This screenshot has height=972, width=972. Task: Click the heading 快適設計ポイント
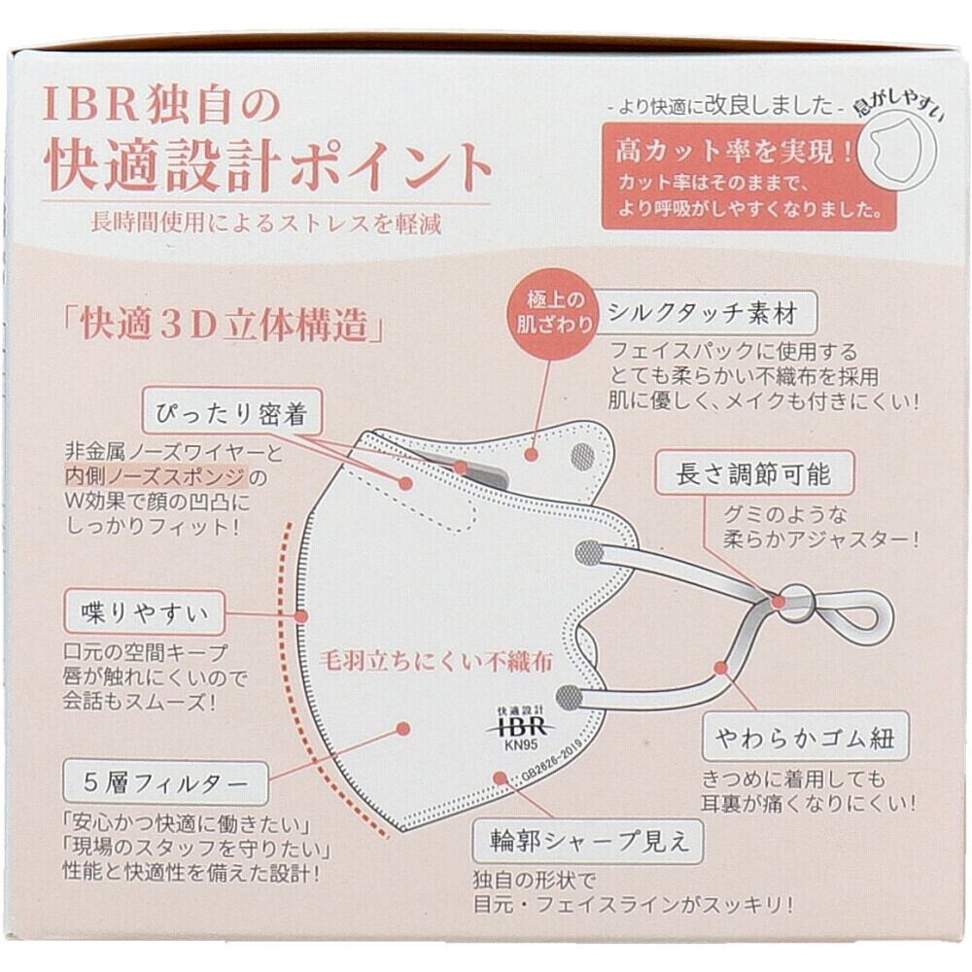coord(268,166)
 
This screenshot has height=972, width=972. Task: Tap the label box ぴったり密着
coord(232,411)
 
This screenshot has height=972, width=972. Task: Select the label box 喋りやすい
coord(145,612)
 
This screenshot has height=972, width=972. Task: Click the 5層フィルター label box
coord(166,782)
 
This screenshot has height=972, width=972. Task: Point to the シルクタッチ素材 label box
coord(703,313)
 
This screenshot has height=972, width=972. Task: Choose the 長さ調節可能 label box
coord(754,473)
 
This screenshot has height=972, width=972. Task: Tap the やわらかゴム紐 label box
coord(805,737)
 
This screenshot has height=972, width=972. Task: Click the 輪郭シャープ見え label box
coord(588,841)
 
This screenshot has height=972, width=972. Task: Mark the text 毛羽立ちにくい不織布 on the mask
coord(435,662)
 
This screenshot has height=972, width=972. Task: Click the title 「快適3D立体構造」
coord(225,325)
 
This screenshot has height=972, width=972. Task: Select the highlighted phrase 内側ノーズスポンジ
coord(156,476)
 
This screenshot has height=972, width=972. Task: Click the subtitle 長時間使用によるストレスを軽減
coord(266,223)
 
